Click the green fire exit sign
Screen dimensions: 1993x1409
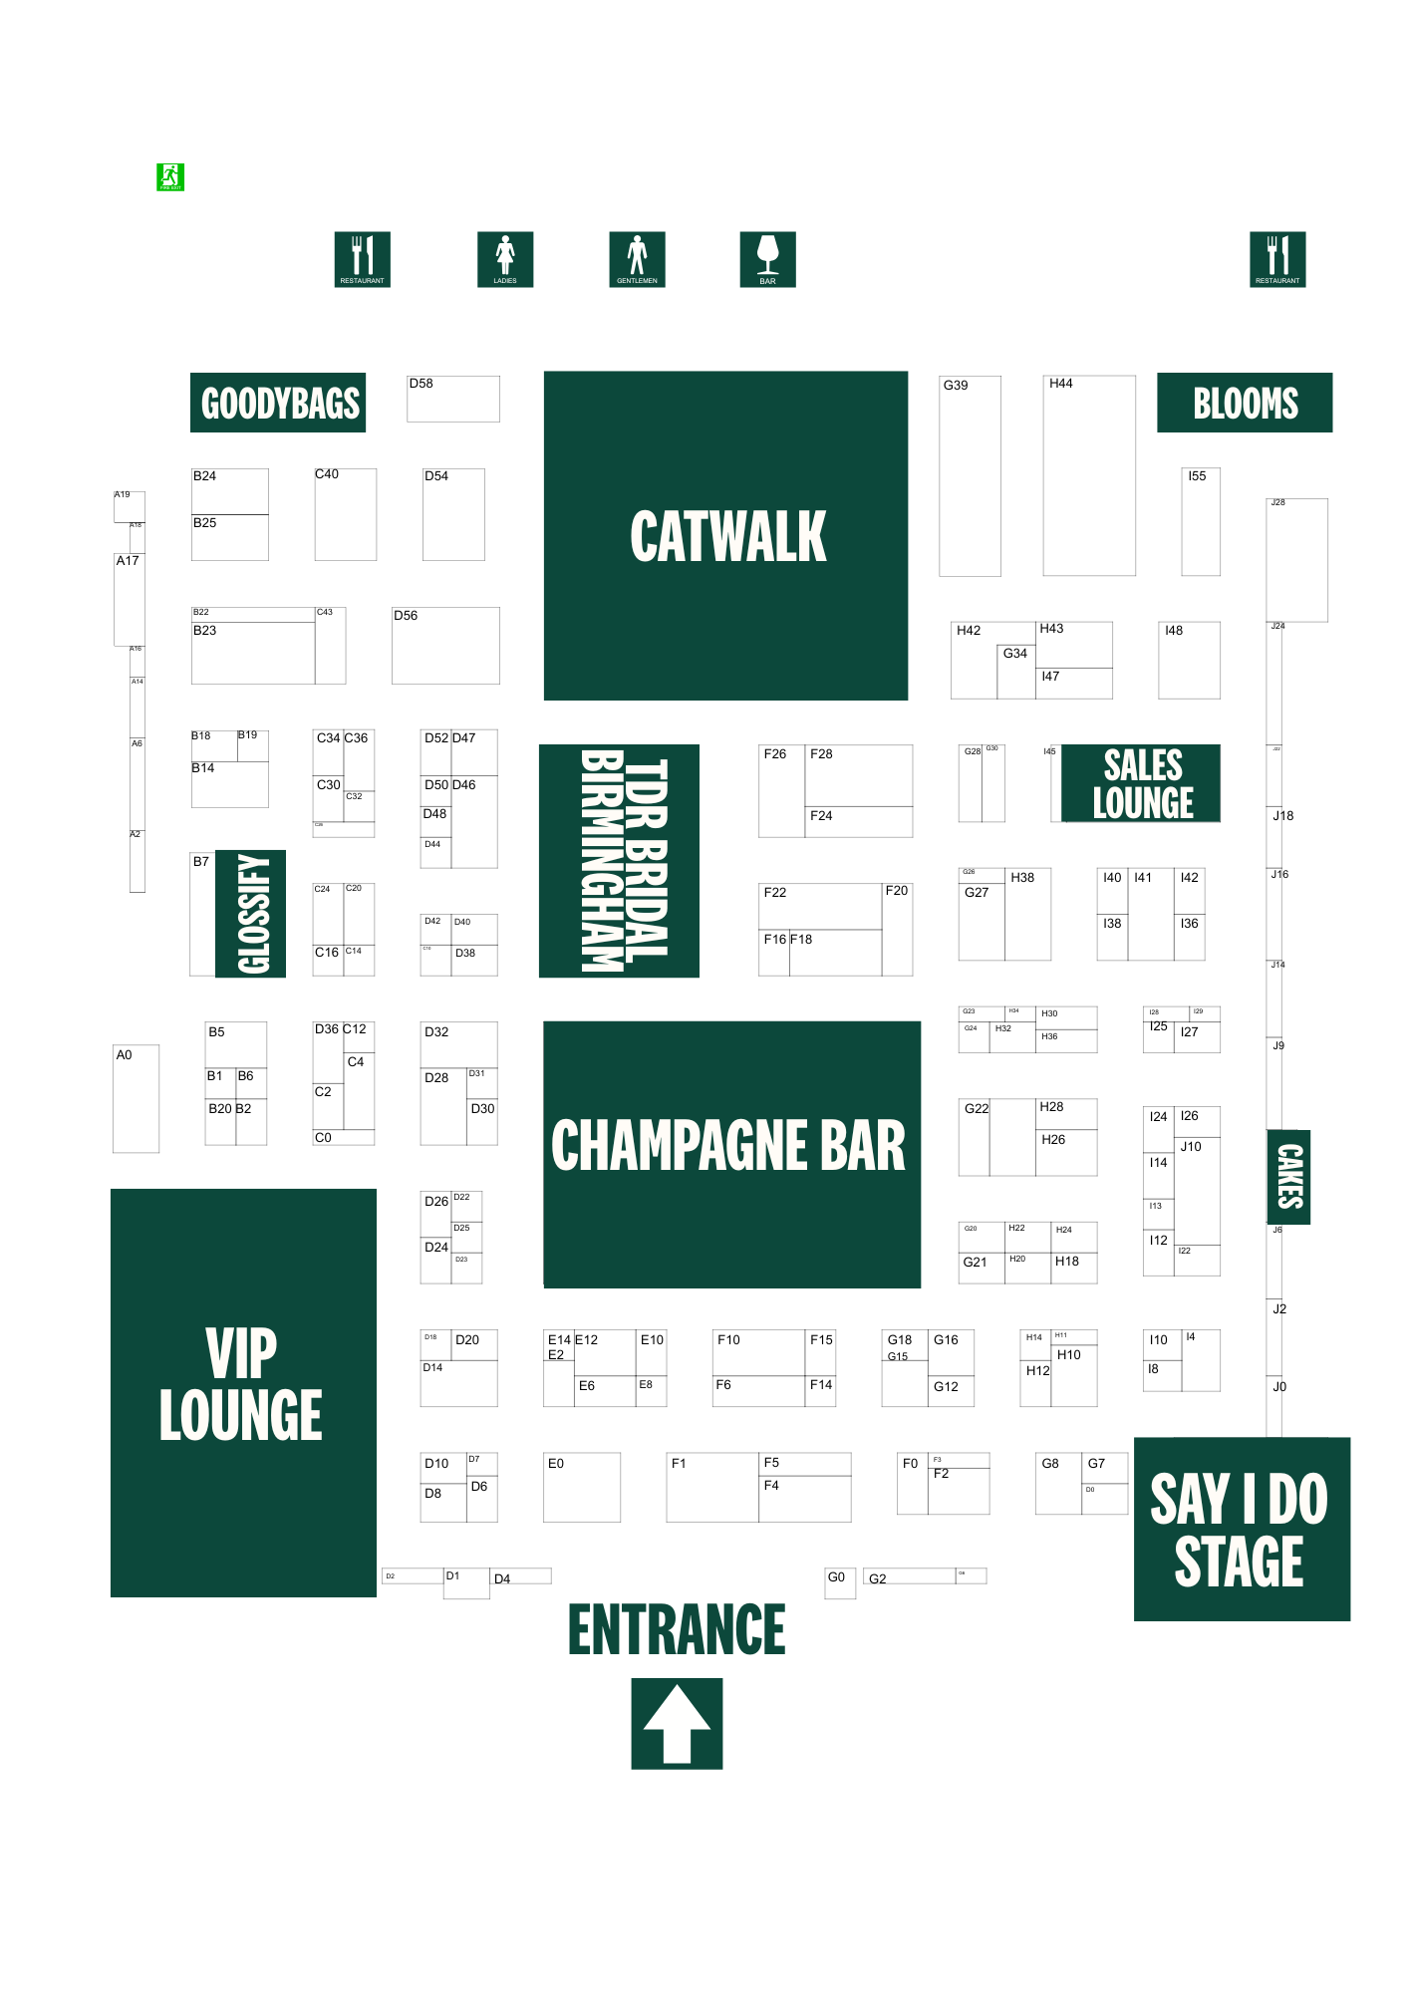coord(170,177)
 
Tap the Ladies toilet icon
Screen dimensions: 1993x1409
coord(505,259)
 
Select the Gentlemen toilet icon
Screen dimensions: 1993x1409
coord(637,259)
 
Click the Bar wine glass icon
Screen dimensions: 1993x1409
coord(767,259)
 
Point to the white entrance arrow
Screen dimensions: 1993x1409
coord(677,1723)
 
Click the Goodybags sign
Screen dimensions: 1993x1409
coord(278,403)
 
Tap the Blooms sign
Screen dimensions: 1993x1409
coord(1245,403)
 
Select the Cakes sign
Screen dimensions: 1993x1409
coord(1288,1177)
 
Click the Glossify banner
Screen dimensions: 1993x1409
coord(251,914)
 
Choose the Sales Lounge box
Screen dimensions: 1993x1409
coord(1141,783)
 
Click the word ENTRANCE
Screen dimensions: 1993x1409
coord(677,1629)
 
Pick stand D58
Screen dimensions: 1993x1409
coord(453,399)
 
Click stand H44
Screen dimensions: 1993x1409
coord(1089,475)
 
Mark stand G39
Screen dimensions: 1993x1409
coord(970,476)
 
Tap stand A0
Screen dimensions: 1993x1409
coord(137,1098)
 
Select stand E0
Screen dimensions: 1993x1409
coord(582,1487)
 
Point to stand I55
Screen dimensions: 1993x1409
coord(1201,521)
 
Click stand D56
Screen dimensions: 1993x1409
coord(445,646)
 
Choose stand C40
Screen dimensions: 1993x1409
coord(346,514)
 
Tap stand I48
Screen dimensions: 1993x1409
coord(1189,660)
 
